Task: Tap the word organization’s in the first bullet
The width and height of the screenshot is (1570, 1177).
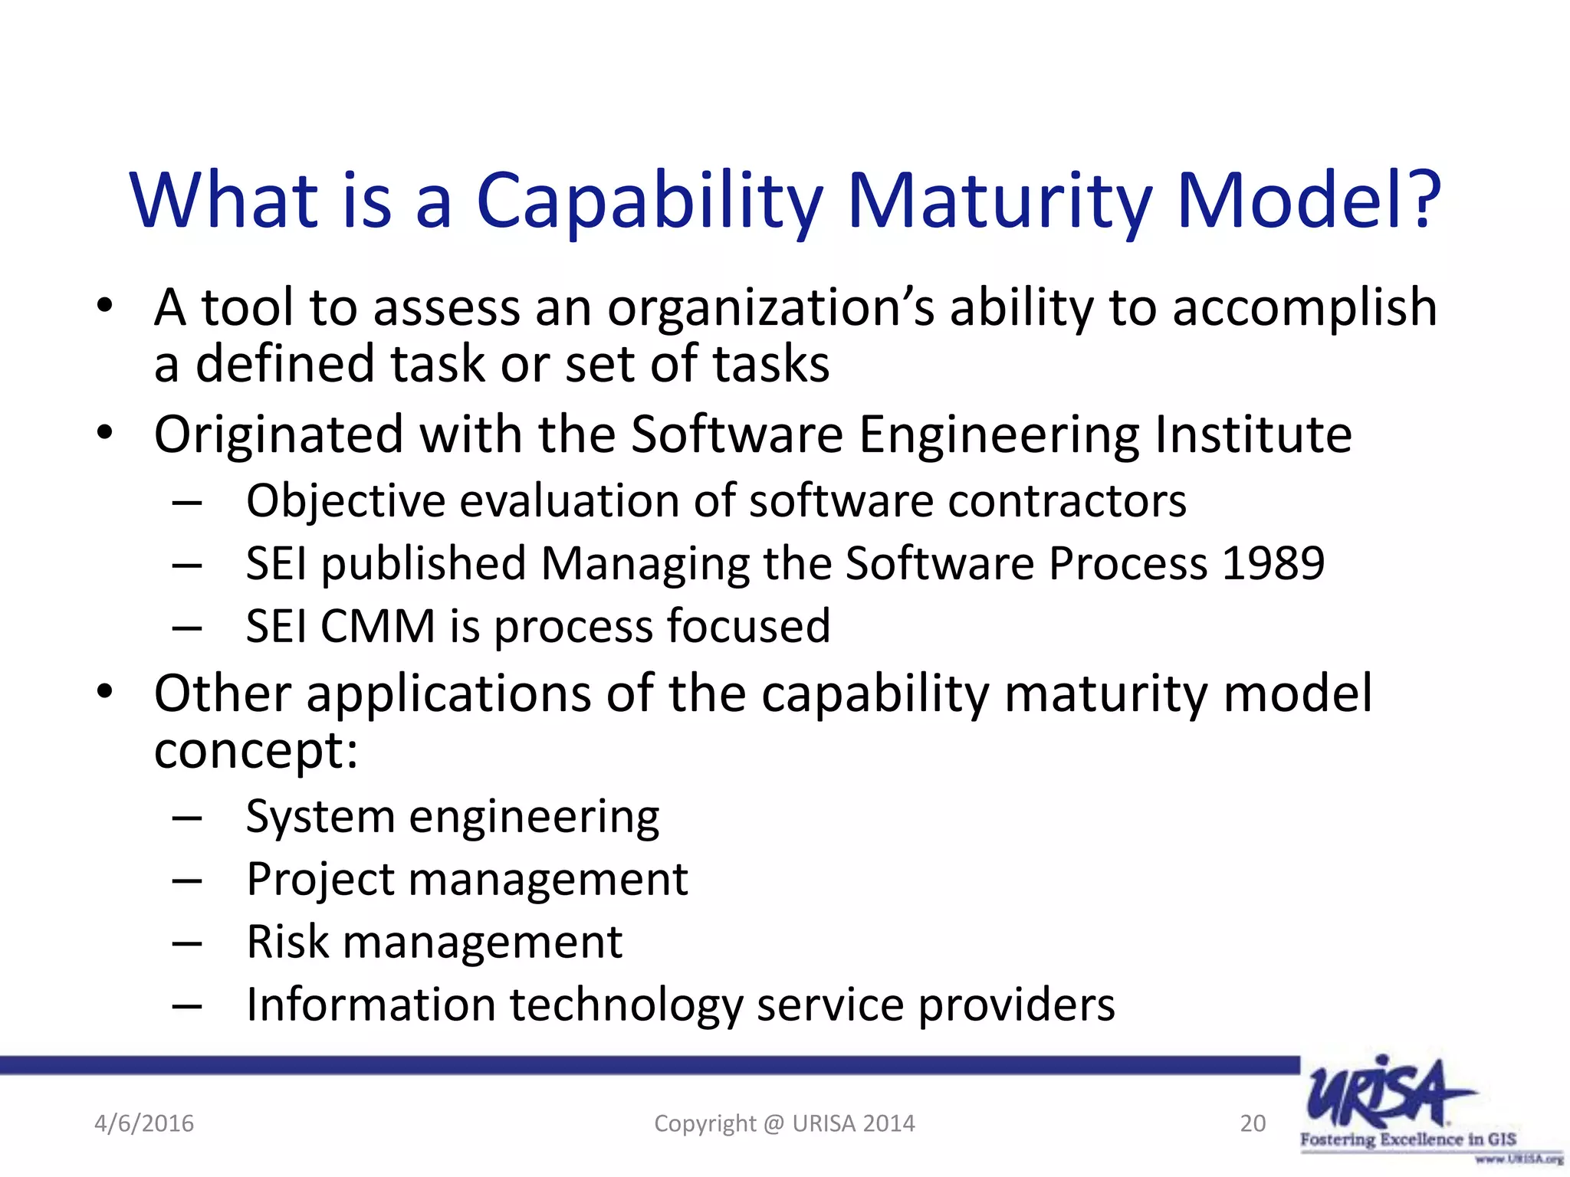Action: (770, 308)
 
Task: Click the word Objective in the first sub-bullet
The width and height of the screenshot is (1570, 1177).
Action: (345, 502)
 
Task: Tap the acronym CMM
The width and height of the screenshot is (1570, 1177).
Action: (378, 626)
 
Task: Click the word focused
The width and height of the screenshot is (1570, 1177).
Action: (748, 626)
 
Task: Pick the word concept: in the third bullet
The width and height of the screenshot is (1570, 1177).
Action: (255, 751)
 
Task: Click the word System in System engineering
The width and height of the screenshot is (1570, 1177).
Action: (320, 817)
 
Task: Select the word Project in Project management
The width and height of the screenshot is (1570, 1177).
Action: (320, 880)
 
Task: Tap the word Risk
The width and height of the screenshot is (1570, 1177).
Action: (287, 942)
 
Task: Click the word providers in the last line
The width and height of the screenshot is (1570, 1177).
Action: (1017, 1005)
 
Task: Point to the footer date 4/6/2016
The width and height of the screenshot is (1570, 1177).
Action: (144, 1123)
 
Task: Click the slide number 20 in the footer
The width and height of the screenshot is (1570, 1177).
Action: (1253, 1123)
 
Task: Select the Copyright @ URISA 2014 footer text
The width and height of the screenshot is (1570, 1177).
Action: (784, 1123)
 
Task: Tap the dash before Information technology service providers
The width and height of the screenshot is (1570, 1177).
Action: (187, 1005)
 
